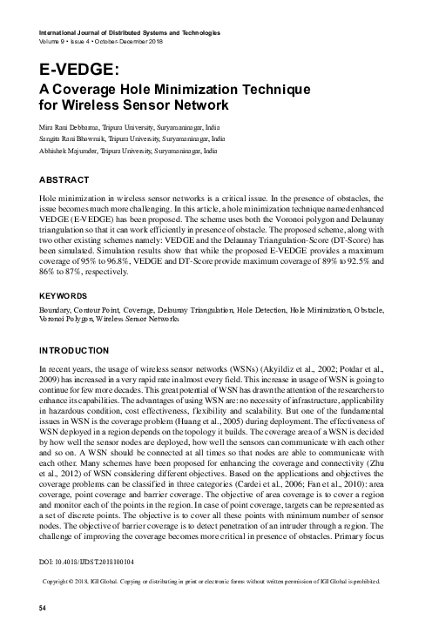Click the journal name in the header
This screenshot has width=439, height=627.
130,32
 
